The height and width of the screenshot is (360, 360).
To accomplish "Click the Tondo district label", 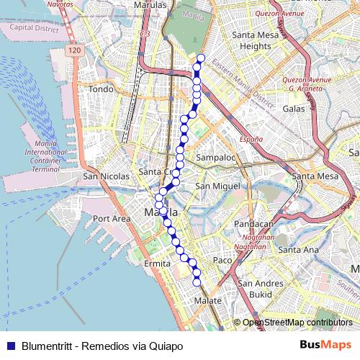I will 102,89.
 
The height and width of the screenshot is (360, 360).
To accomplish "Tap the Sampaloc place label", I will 216,157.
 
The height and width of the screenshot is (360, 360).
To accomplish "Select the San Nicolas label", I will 106,176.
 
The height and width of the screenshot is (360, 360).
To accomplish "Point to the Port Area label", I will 111,218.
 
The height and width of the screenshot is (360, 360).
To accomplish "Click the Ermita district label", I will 158,264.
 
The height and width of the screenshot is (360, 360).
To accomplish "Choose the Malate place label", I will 208,300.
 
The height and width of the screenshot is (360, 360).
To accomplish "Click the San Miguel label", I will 217,186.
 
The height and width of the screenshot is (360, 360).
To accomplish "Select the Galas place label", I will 294,108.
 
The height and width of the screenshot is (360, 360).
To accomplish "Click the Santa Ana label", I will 298,250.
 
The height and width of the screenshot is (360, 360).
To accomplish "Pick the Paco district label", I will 222,259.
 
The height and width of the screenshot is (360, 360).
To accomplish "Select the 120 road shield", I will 76,51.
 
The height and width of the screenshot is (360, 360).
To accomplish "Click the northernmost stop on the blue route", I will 201,58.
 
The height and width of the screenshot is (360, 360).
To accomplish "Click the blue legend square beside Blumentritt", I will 10,346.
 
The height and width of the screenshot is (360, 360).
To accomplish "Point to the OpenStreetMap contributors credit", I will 297,323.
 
